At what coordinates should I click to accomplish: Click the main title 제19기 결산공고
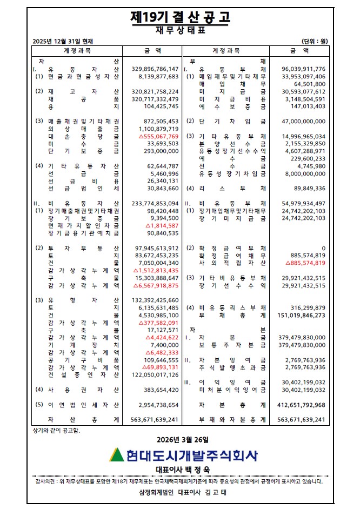coord(180,17)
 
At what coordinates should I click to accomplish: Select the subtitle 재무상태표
coord(180,30)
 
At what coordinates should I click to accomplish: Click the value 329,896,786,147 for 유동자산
coord(155,69)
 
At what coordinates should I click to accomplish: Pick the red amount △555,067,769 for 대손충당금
coord(155,137)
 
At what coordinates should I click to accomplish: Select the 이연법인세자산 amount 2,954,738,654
coord(155,405)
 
